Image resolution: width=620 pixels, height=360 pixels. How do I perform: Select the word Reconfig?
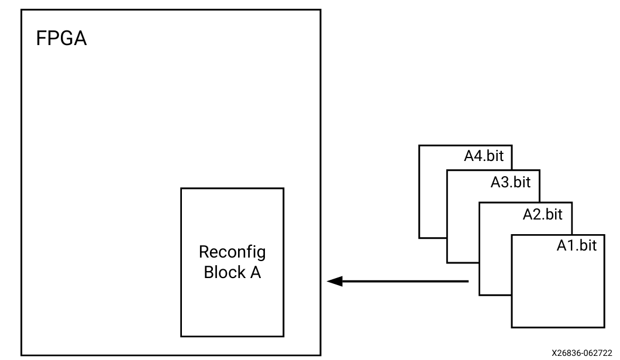232,252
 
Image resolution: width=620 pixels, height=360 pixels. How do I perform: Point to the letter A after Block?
255,272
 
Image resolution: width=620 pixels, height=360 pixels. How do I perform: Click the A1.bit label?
576,246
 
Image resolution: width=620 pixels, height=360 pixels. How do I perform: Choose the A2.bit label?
542,214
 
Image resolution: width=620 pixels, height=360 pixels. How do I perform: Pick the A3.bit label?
510,182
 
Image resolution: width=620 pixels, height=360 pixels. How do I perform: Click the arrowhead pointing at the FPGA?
333,282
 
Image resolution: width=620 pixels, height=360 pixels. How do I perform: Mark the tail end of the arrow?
468,282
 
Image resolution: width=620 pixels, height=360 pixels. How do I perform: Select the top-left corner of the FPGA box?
22,10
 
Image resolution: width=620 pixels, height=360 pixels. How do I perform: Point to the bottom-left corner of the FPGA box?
22,355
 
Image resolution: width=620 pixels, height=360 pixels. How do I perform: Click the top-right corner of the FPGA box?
321,10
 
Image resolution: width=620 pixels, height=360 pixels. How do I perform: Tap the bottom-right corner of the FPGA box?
321,355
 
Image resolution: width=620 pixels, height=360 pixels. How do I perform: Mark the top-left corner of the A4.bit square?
419,146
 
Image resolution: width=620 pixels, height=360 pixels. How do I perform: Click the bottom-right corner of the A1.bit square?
604,327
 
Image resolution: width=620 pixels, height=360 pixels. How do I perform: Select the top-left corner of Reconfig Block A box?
181,188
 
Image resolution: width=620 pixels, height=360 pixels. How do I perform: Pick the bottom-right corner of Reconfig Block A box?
284,337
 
